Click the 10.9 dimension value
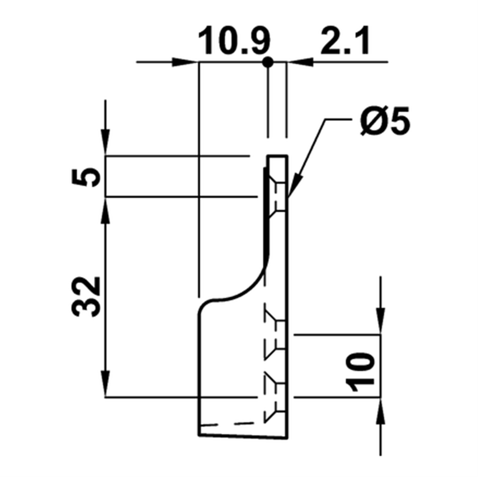click(x=234, y=40)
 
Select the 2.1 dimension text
click(x=345, y=40)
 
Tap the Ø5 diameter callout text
click(x=385, y=121)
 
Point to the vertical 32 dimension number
click(x=86, y=297)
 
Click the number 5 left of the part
click(x=86, y=177)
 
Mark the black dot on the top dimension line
click(x=268, y=62)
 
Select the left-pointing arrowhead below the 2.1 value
click(x=301, y=62)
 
